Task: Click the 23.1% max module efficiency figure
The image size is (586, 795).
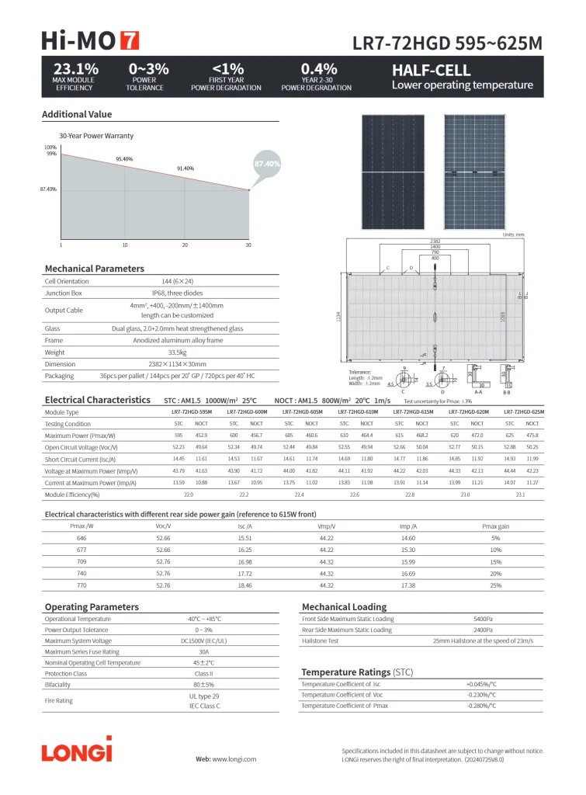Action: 75,69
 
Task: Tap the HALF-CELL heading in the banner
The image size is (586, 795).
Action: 431,70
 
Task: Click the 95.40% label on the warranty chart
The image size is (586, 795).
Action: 124,159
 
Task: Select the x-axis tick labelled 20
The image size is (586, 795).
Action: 185,245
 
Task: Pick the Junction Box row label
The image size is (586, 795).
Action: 64,293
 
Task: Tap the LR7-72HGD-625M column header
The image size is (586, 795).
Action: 524,412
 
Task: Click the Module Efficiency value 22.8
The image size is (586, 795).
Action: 410,495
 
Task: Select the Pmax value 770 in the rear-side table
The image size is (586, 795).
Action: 81,585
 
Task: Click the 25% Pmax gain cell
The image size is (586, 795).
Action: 495,585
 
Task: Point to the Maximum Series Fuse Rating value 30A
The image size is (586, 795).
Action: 204,652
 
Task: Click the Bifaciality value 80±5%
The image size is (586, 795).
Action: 204,685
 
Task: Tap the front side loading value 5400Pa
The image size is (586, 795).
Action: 483,620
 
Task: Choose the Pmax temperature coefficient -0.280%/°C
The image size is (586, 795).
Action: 481,706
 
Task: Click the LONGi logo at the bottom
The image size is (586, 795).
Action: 77,752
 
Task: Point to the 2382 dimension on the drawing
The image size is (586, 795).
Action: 435,241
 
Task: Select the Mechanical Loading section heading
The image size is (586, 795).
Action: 344,607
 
